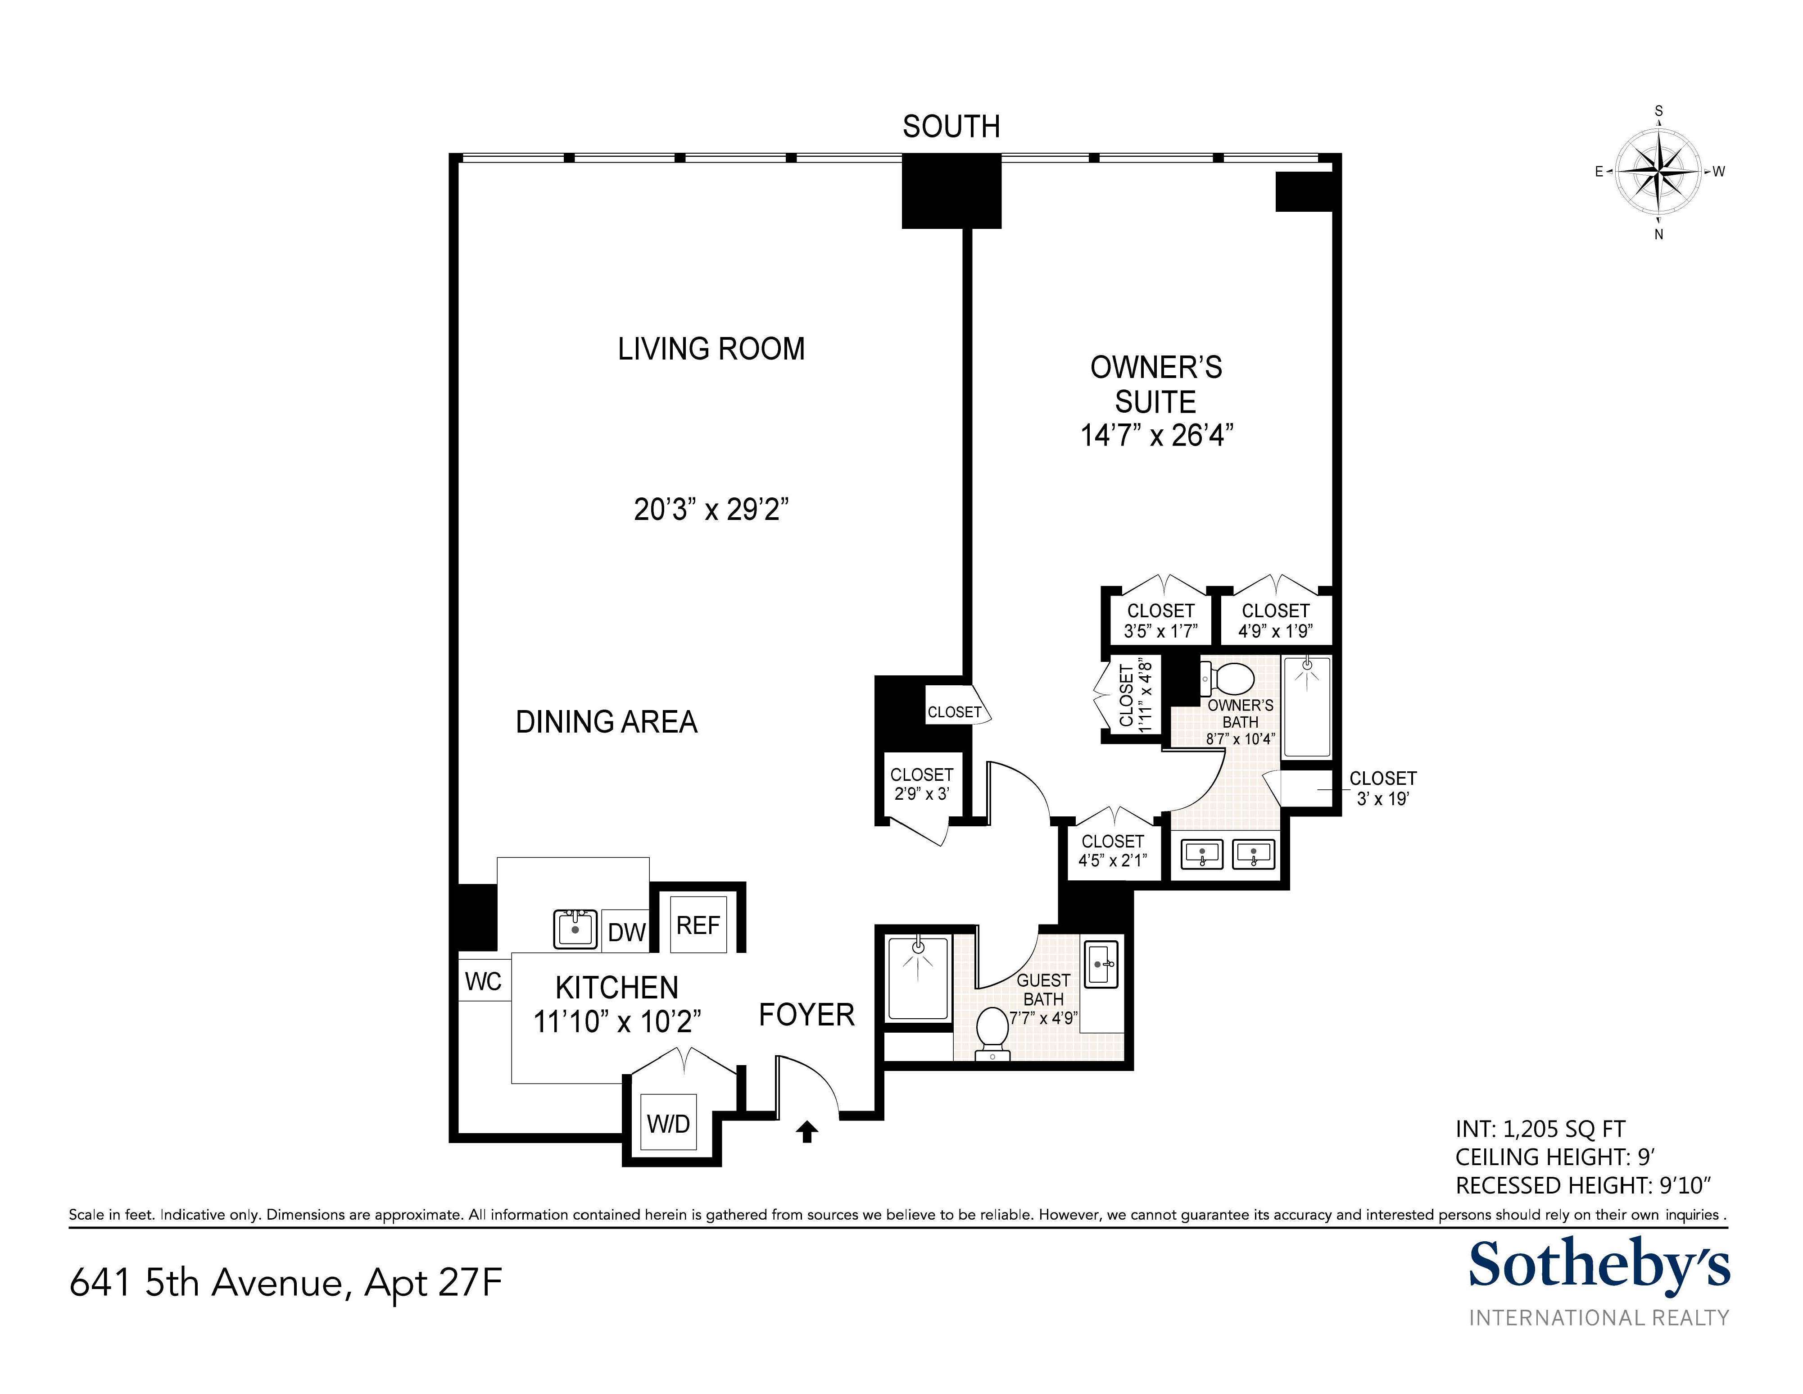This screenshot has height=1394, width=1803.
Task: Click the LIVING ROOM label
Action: [x=711, y=349]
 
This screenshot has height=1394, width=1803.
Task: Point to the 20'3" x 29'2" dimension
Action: [x=711, y=510]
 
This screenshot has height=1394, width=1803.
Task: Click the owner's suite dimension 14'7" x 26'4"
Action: [x=1156, y=435]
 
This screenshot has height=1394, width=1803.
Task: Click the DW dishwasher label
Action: [x=626, y=932]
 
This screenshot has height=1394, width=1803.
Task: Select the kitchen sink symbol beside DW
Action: [x=575, y=928]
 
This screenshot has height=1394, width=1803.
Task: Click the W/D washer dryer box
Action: [x=669, y=1124]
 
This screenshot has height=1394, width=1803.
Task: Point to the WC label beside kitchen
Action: [x=483, y=981]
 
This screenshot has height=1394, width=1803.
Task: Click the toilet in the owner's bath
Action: [x=1232, y=679]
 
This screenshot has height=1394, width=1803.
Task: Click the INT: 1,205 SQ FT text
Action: [x=1540, y=1129]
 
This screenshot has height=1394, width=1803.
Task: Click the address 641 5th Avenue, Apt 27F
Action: [x=285, y=1283]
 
